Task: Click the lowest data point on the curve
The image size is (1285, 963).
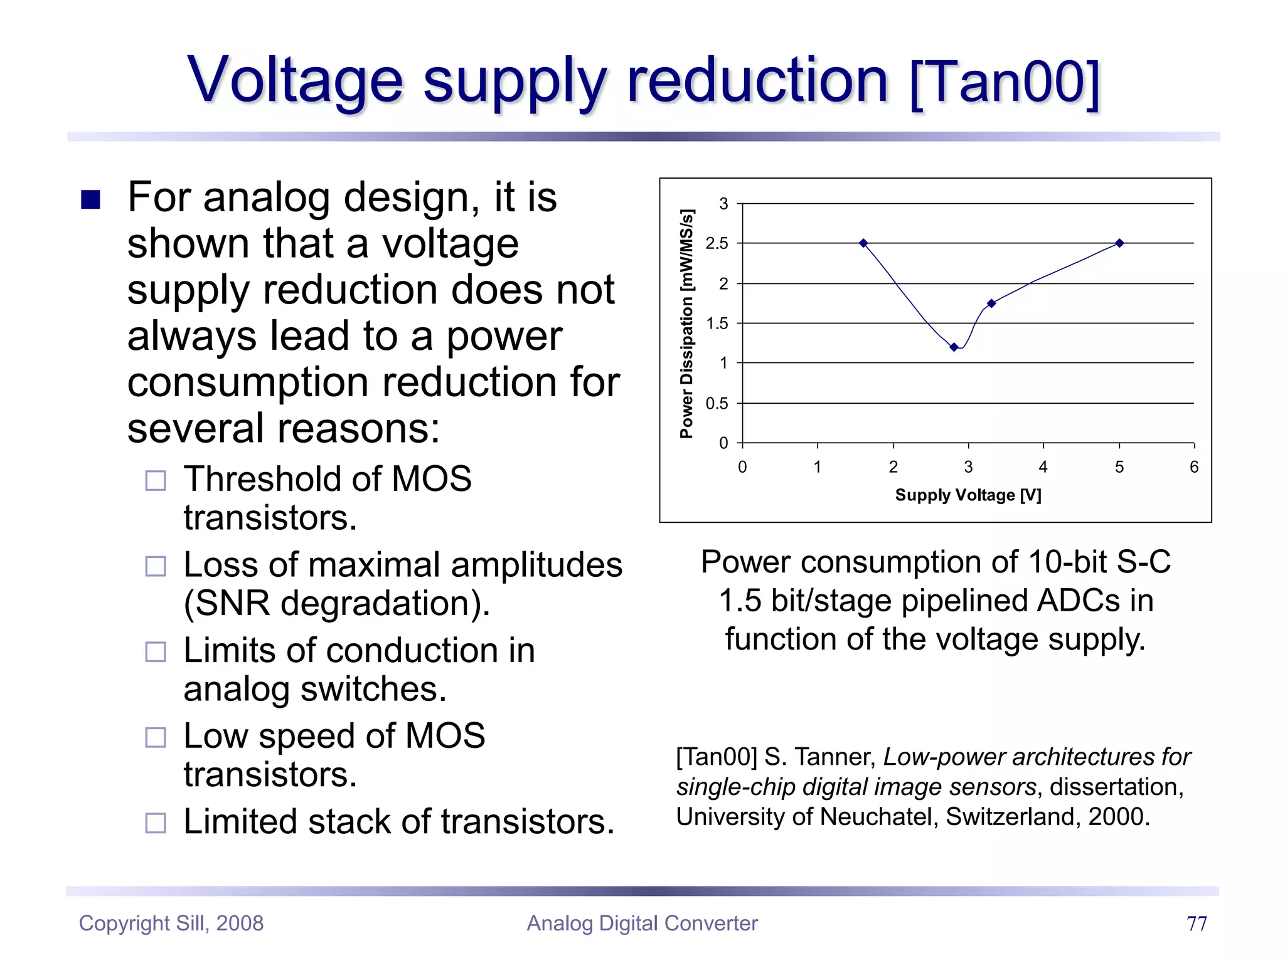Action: (x=954, y=347)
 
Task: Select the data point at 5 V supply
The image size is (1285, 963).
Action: (x=1119, y=243)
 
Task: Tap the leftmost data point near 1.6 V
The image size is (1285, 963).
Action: (x=863, y=243)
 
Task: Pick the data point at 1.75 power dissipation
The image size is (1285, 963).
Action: (x=991, y=303)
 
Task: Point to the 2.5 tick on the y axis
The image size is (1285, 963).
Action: (x=717, y=244)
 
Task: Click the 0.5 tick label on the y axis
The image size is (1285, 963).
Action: (x=717, y=404)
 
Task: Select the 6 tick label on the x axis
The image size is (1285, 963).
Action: (x=1194, y=467)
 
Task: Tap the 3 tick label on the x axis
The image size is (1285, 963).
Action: (x=968, y=467)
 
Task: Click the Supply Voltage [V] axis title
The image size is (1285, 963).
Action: (x=968, y=495)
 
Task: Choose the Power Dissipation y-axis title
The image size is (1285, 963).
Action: (x=687, y=324)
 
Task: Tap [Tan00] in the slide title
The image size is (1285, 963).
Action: (x=1004, y=82)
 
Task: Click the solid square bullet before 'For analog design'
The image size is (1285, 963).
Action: (x=91, y=199)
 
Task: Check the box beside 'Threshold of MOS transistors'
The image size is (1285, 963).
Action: (x=156, y=481)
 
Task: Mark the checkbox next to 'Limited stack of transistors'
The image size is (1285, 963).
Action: (x=156, y=823)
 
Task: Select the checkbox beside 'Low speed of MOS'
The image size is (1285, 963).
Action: (x=156, y=737)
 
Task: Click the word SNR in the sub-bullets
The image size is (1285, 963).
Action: (x=232, y=604)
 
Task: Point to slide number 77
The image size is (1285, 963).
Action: (x=1197, y=924)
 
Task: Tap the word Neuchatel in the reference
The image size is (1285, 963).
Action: (x=878, y=817)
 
